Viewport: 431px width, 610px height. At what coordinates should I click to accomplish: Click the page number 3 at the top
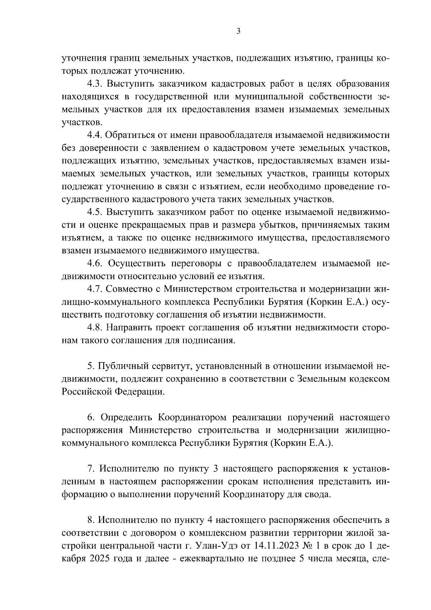tap(238, 31)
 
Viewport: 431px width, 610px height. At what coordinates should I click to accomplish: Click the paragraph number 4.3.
tap(96, 84)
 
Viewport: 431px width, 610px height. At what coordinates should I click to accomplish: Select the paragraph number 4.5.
tap(96, 212)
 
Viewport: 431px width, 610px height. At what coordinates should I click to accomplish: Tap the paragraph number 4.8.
tap(96, 328)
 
